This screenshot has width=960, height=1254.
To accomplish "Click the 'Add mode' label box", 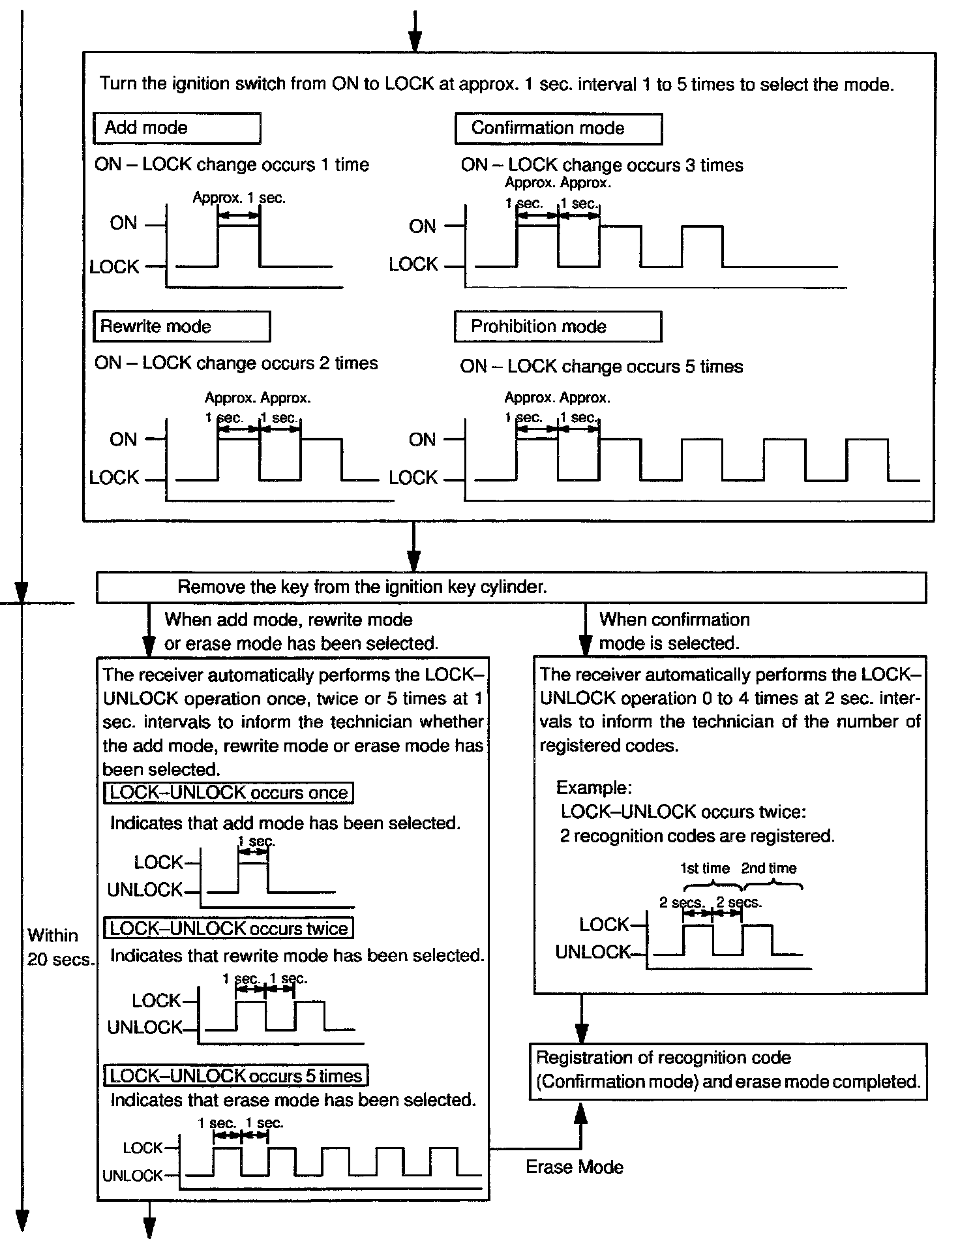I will click(177, 128).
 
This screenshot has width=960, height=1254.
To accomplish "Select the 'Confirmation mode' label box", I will click(558, 129).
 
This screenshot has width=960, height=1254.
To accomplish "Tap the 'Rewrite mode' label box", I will click(181, 326).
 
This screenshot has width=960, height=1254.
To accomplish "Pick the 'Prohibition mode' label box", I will click(558, 326).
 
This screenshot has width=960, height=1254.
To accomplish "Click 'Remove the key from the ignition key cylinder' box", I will click(511, 587).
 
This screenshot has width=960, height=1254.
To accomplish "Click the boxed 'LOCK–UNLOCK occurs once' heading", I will click(228, 793).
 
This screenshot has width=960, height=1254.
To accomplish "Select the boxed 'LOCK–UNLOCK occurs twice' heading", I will click(228, 928).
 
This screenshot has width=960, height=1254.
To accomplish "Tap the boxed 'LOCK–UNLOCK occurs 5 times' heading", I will click(235, 1076).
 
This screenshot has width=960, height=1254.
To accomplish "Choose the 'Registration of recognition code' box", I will click(727, 1071).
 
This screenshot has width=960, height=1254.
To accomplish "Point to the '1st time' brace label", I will click(705, 868).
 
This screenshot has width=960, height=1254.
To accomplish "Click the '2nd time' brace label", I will click(769, 868).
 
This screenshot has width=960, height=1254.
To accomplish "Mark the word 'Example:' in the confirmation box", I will click(593, 788).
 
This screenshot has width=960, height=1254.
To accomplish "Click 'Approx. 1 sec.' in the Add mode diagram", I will click(239, 198).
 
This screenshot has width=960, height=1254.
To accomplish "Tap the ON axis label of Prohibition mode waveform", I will click(422, 440).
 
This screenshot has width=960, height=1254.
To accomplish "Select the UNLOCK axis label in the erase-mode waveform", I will click(132, 1176).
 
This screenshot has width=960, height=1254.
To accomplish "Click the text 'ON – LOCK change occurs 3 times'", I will click(601, 165).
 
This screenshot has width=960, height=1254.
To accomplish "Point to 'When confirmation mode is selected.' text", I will click(674, 632).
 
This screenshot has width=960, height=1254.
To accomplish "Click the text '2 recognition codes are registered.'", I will click(697, 836).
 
